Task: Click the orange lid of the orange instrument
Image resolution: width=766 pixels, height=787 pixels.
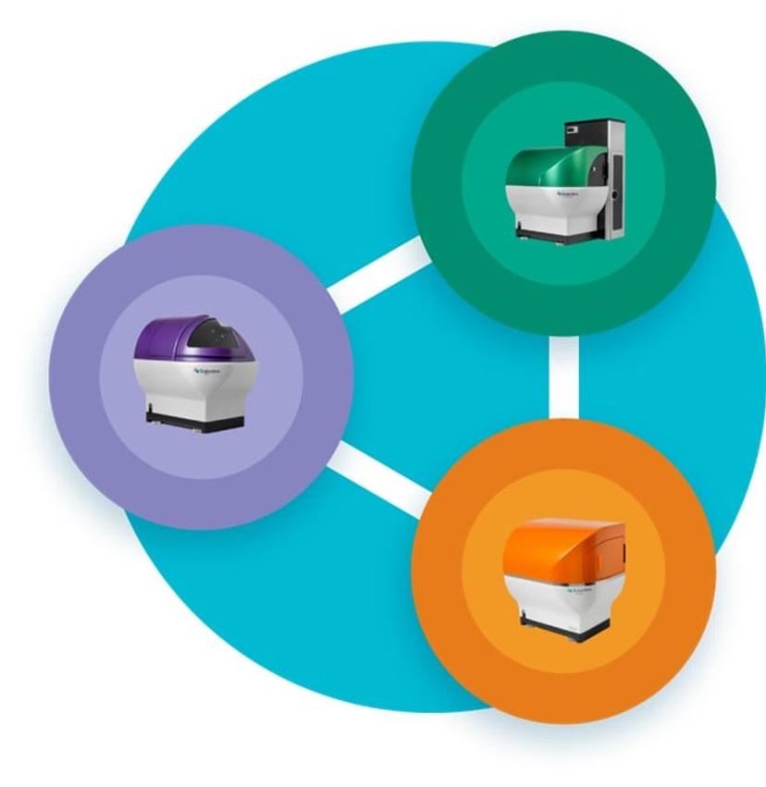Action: (555, 546)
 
